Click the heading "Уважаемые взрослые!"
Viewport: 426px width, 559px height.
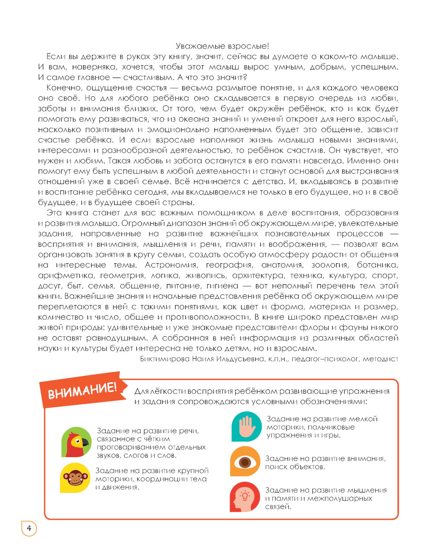click(x=222, y=46)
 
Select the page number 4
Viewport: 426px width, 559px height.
click(x=29, y=528)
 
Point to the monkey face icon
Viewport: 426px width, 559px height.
click(x=75, y=477)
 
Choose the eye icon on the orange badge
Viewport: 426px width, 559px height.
click(x=245, y=461)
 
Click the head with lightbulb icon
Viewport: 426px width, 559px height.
click(x=245, y=497)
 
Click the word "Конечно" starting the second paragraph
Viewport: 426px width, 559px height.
click(x=64, y=88)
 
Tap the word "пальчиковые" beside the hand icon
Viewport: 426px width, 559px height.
click(x=331, y=427)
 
